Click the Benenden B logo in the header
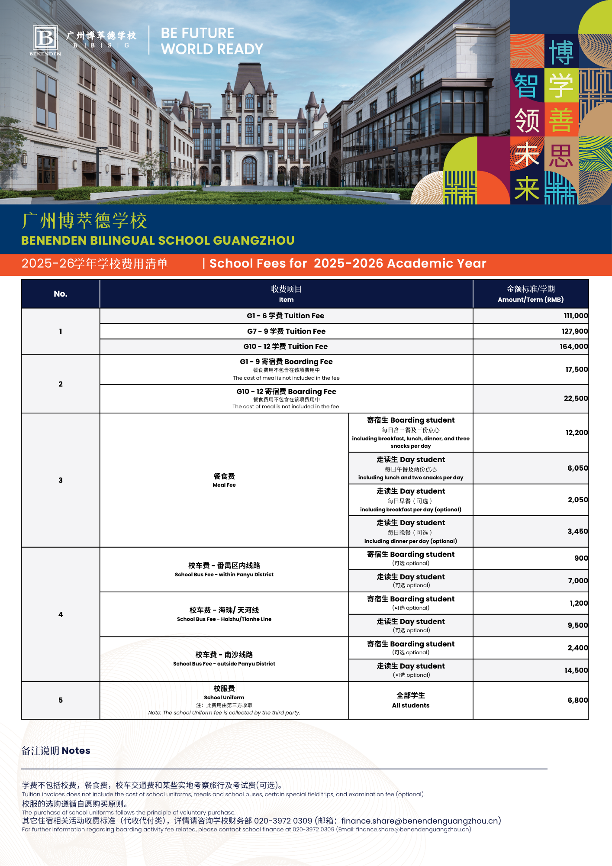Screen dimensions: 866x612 coord(45,38)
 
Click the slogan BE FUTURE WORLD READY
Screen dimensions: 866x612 coord(212,41)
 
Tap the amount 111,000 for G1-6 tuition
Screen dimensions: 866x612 coord(575,316)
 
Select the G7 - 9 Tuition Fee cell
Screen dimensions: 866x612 coord(286,331)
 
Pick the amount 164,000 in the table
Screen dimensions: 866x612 coord(573,346)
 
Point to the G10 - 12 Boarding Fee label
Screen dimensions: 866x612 coord(286,392)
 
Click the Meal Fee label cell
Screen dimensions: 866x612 coord(224,480)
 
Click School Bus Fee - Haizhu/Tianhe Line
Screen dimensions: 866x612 coord(224,614)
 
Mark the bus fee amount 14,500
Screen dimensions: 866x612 coord(576,670)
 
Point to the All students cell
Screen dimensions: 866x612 coord(411,700)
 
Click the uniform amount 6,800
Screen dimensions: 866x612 coord(577,700)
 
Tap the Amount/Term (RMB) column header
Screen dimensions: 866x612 coord(531,294)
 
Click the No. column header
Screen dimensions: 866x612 coord(61,294)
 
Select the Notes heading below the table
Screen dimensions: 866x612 coord(56,751)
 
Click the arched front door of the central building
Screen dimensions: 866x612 coord(249,171)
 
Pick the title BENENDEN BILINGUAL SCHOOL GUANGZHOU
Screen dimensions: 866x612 coord(158,240)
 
